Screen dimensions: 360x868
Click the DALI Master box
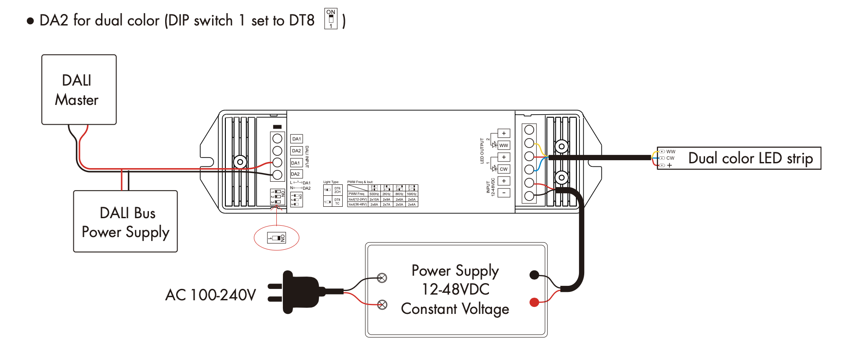coord(79,90)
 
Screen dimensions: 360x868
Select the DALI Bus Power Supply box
coord(125,221)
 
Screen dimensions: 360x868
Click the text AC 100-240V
coord(210,295)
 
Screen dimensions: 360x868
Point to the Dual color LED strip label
coord(750,158)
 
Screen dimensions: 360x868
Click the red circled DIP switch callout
coord(276,238)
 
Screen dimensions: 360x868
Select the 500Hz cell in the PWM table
coord(374,194)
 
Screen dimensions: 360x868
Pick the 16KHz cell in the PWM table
coord(412,194)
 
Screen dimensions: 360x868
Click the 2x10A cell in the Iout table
coord(374,199)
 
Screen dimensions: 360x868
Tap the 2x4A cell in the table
coord(412,205)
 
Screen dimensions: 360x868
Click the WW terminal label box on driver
coord(503,145)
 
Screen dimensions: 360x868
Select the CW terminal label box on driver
coord(503,169)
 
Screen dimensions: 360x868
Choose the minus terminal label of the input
coord(504,193)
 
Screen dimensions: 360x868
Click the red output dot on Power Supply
coord(534,302)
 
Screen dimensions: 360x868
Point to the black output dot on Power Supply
coord(534,275)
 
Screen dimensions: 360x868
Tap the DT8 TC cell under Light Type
coord(337,202)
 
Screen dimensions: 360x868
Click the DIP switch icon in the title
coord(331,19)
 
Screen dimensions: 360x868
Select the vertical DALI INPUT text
coord(307,157)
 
